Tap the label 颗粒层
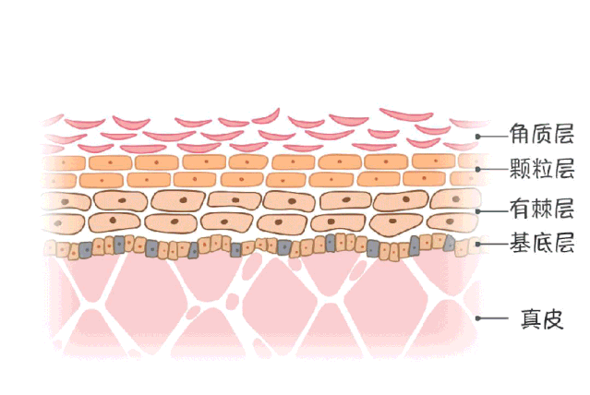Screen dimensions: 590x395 tap(542, 168)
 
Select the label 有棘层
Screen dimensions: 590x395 tap(542, 209)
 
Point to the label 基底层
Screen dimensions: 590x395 tap(542, 243)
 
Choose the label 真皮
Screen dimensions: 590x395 tap(542, 319)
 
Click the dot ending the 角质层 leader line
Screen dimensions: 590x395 tap(478, 137)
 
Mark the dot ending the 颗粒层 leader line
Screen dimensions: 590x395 tap(478, 169)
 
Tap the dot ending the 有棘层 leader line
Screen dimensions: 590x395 tap(478, 211)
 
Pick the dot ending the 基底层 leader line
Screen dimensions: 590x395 tap(478, 245)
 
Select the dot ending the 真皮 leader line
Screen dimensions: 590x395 tap(478, 318)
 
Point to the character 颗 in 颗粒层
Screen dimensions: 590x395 tap(521, 168)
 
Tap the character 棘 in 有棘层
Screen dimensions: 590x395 tap(542, 209)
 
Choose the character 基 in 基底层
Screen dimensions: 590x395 tap(521, 243)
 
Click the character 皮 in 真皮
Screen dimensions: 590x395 tap(553, 319)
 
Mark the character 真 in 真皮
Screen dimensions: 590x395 tap(531, 319)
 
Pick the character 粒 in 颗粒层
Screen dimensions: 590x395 tap(542, 168)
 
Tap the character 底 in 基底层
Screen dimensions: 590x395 tap(542, 243)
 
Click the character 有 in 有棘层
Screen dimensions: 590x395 tap(521, 209)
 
